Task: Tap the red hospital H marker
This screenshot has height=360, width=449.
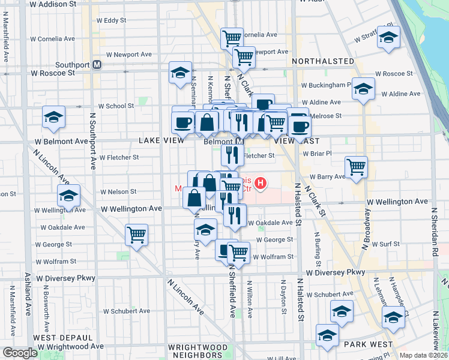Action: point(261,182)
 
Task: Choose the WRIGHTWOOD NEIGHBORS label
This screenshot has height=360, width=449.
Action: point(197,352)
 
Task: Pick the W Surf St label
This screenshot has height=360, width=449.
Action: point(385,244)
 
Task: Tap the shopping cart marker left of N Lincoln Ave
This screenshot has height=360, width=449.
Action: point(136,233)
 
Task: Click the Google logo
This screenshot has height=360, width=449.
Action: point(20,353)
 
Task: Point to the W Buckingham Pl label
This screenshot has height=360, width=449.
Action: point(327,85)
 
